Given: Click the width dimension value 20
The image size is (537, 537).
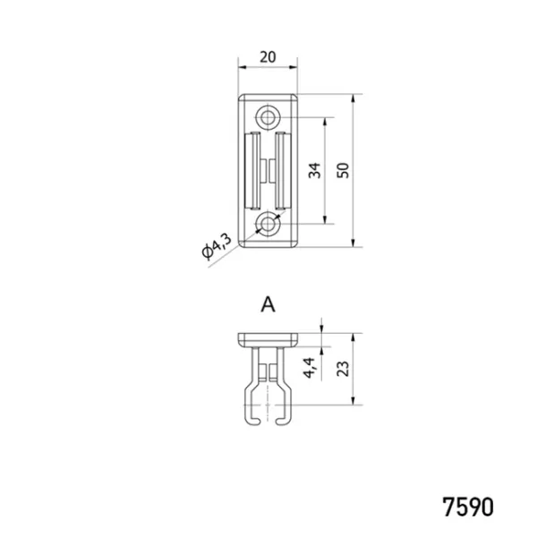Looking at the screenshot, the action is click(268, 57).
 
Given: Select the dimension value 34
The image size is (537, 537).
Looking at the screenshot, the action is click(315, 170).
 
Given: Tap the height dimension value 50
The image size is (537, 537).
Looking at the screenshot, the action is click(343, 170).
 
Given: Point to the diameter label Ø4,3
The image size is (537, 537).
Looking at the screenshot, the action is click(217, 246).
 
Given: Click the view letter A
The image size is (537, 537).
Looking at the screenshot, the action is click(268, 304).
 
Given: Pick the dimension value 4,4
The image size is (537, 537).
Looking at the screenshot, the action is click(310, 368).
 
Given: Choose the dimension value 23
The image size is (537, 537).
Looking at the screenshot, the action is click(343, 369).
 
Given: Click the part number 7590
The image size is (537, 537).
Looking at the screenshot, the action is click(468, 507).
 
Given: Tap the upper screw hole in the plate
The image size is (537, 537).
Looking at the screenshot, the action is click(268, 117).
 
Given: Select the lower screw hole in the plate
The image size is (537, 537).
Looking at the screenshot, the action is click(268, 225).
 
